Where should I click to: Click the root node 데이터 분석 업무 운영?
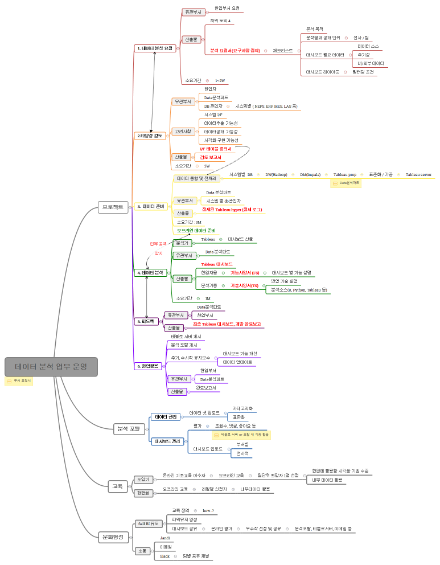tap(51, 367)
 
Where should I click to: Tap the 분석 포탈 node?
tap(128, 428)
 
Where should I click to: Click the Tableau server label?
tap(418, 174)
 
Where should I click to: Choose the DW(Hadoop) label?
tap(276, 174)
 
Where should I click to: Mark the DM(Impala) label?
tap(310, 174)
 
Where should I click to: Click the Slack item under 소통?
tap(165, 556)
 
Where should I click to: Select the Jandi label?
tap(165, 538)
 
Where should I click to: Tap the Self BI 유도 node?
tap(149, 523)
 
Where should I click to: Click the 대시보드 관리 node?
tap(167, 441)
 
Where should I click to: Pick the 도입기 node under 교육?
tap(142, 479)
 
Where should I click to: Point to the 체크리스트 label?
tap(283, 51)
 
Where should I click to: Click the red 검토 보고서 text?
tap(210, 157)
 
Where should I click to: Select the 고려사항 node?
tap(183, 131)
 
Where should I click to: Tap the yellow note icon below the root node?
tap(9, 381)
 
